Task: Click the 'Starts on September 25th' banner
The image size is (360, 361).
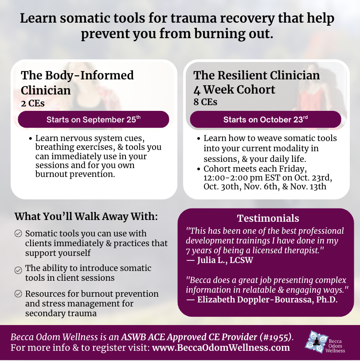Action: [94, 119]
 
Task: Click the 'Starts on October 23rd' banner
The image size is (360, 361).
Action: [266, 119]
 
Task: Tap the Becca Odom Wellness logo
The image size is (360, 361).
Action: [325, 342]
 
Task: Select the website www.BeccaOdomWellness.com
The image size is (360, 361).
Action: [221, 348]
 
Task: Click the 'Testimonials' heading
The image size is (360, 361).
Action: [268, 218]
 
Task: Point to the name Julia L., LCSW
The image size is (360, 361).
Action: [225, 260]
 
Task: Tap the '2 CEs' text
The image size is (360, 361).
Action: [33, 103]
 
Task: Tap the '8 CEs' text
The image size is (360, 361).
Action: [205, 102]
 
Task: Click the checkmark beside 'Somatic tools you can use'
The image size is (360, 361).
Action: [18, 233]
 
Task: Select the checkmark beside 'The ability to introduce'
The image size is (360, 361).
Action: [18, 270]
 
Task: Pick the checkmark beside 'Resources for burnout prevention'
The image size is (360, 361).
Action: [18, 294]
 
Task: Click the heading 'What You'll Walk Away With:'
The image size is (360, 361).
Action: [86, 216]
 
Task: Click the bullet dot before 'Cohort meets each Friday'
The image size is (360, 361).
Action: [199, 169]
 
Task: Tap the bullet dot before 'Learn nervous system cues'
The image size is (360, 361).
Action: [31, 139]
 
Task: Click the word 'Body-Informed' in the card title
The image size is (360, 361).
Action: [89, 75]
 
